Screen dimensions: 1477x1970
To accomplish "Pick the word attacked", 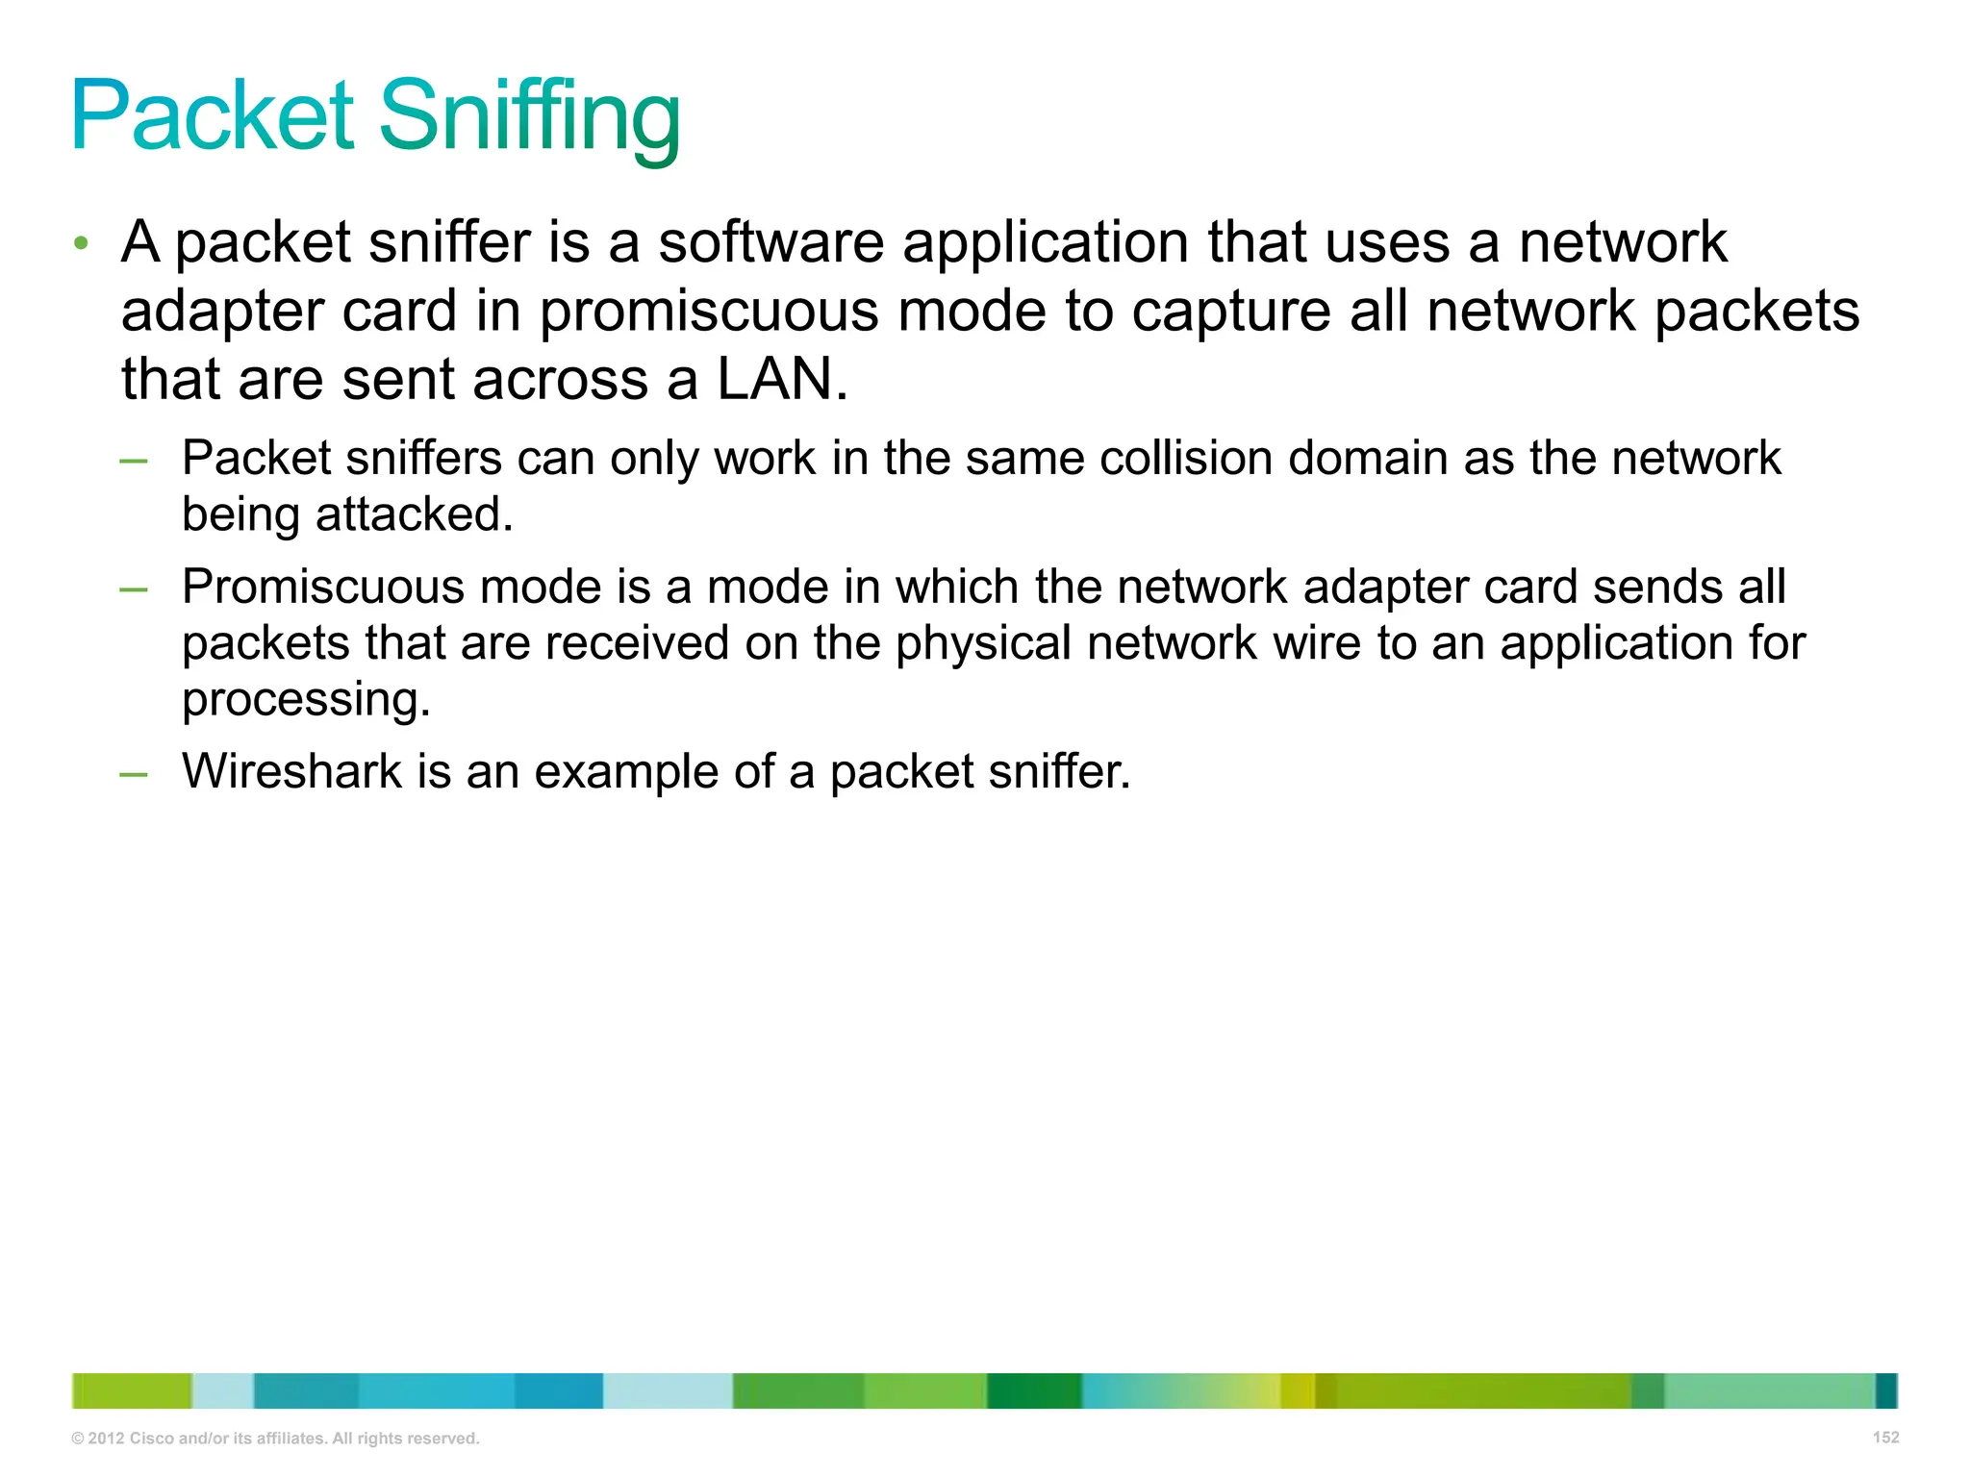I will pos(414,514).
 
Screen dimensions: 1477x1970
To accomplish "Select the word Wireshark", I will pos(291,771).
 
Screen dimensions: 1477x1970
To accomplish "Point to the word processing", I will pos(306,700).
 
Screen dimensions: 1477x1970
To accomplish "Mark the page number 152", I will pos(1885,1438).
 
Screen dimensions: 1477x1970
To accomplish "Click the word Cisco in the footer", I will pos(151,1439).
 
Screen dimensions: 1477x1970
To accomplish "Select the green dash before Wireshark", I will pos(134,773).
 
